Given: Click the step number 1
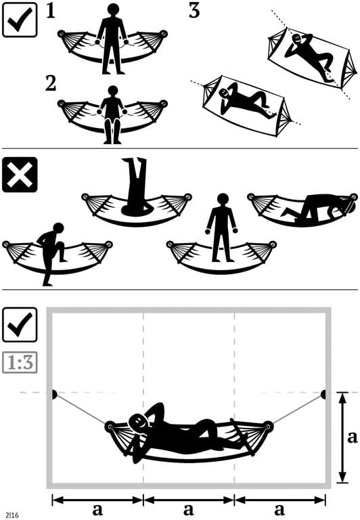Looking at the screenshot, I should click(x=50, y=12).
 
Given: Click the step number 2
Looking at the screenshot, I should click(x=50, y=83).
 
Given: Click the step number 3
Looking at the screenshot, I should click(x=194, y=12).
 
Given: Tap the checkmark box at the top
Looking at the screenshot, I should click(x=20, y=19).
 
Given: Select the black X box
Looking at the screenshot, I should click(x=20, y=175).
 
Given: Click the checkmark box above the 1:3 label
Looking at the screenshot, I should click(x=20, y=326).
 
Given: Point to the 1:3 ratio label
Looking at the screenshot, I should click(x=20, y=363).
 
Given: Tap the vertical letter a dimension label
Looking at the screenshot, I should click(x=352, y=437).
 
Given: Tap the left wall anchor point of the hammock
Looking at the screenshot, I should click(x=53, y=393).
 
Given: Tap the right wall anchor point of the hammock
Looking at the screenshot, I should click(x=323, y=393).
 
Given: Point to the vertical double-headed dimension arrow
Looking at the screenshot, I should click(x=342, y=437).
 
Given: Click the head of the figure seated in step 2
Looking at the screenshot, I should click(x=112, y=91).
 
